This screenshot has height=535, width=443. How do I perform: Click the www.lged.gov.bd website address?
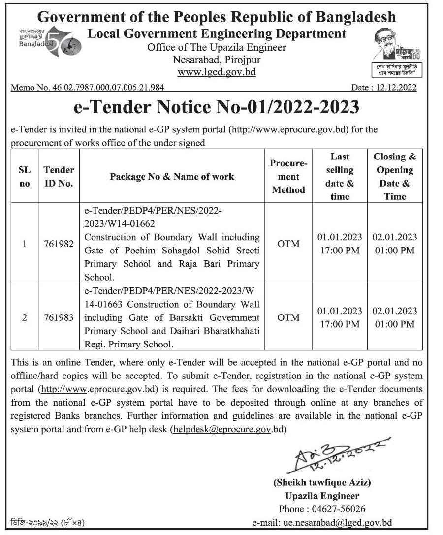217,72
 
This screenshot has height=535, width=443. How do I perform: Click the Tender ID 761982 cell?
59,244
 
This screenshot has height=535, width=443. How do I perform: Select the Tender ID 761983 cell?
59,317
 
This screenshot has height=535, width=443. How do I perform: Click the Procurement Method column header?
288,176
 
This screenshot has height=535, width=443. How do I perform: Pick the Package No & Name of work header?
172,176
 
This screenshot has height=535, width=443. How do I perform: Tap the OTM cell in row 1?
288,244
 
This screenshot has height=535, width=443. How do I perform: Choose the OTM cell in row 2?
288,317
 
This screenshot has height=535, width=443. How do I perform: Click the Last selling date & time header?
340,176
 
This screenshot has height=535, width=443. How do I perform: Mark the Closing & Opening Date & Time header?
395,176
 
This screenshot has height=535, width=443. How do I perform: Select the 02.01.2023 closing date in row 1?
395,237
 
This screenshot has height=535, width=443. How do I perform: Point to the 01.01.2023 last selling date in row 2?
340,311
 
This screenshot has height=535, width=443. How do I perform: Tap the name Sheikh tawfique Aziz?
322,482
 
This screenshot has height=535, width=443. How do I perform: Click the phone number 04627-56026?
338,509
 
